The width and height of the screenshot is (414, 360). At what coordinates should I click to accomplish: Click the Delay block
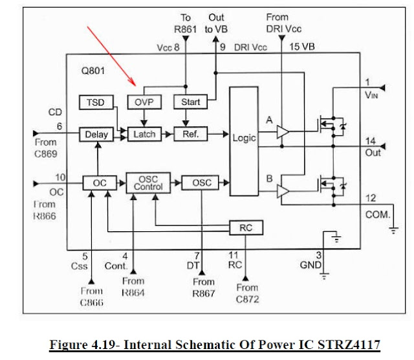(95, 135)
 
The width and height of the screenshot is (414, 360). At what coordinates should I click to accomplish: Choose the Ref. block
(190, 135)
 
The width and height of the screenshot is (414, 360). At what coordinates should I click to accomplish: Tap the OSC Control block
(147, 183)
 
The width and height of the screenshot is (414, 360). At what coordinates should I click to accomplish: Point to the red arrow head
(135, 84)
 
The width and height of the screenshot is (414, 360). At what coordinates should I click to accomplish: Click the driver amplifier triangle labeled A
(282, 132)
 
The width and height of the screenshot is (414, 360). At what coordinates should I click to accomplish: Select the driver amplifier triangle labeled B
(282, 190)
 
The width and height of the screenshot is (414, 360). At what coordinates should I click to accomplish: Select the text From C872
(247, 292)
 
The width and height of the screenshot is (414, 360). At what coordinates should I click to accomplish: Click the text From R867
(203, 287)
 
